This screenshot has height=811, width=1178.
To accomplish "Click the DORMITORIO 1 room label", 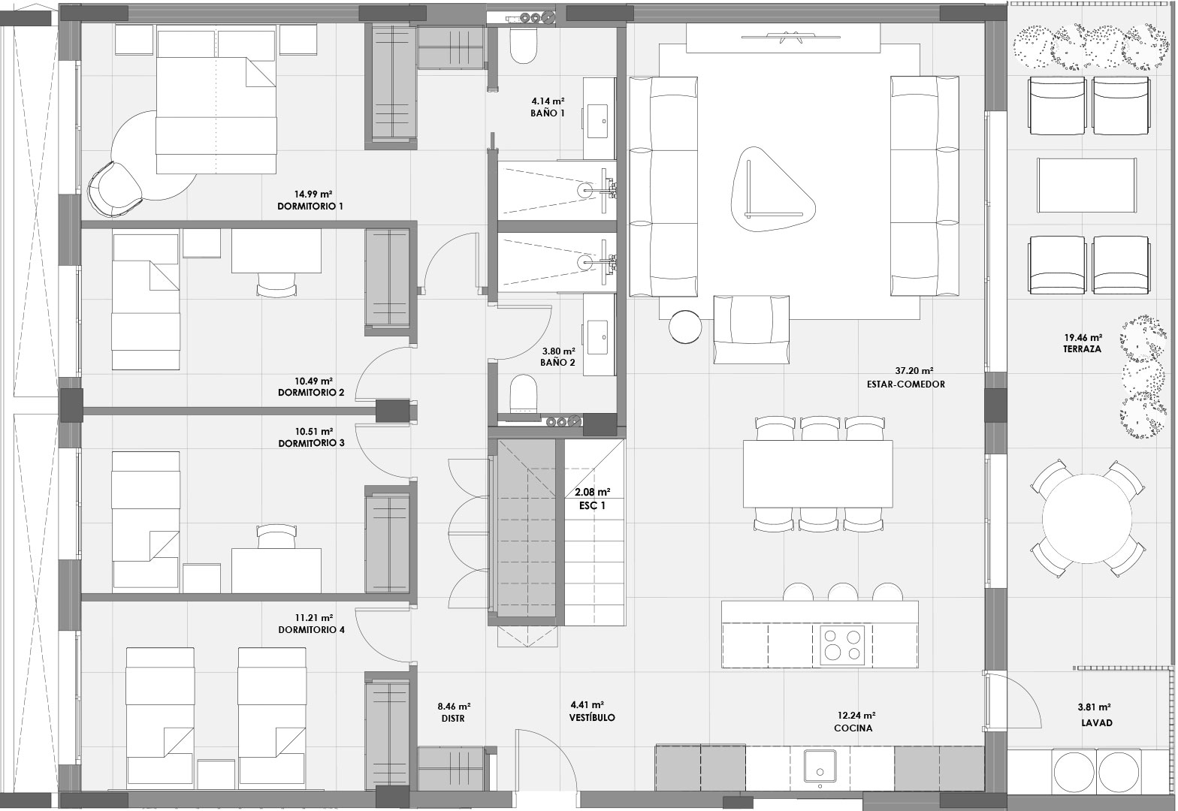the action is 310,207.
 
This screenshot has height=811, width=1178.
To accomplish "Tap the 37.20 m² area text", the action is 914,370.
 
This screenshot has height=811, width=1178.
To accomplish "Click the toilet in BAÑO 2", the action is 523,393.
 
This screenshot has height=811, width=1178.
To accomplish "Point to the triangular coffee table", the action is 773,189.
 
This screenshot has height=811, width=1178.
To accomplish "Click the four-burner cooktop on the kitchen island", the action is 842,645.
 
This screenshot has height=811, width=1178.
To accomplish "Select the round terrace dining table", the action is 1087,519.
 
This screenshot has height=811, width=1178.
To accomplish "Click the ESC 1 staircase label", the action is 592,505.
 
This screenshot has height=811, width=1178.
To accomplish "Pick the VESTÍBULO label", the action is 592,717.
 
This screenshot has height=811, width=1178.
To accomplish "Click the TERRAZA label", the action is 1082,349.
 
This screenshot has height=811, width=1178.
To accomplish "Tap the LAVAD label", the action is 1097,722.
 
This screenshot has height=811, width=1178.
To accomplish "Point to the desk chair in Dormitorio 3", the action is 276,535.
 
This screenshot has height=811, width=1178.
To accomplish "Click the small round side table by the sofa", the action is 685,327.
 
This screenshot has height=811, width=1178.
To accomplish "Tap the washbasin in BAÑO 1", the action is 598,121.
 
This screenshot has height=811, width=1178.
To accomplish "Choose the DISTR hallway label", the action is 453,719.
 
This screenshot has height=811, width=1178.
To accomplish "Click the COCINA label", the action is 853,728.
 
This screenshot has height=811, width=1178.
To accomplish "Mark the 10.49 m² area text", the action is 313,381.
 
